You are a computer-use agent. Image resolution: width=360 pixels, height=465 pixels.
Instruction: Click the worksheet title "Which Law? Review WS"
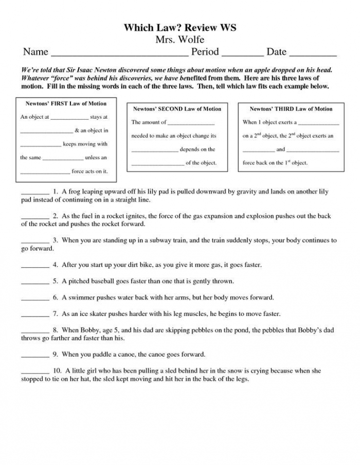click(x=179, y=28)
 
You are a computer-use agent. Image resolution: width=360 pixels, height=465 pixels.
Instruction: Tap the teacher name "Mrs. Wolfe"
click(x=179, y=40)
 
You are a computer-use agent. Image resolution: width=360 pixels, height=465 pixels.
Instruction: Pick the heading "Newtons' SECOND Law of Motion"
click(x=177, y=109)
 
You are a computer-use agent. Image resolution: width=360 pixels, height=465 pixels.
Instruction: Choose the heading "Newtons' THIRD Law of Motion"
click(x=291, y=109)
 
